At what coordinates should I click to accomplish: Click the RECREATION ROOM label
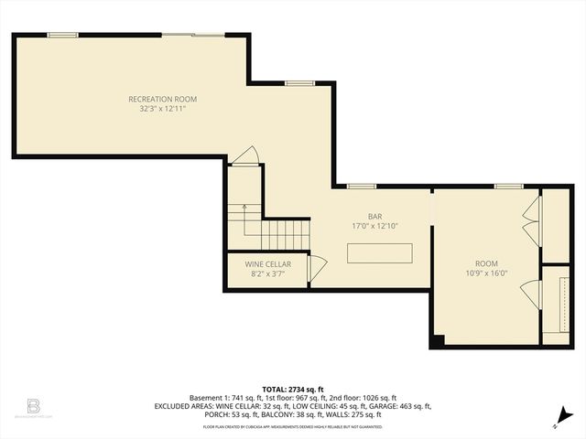click(162, 99)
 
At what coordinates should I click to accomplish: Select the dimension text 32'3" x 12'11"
click(162, 109)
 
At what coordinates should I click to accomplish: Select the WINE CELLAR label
click(267, 263)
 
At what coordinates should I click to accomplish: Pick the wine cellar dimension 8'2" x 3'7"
click(267, 273)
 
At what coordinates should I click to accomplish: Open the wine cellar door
click(317, 268)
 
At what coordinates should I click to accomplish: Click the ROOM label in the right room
click(486, 262)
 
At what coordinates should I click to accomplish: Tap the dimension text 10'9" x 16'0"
click(486, 272)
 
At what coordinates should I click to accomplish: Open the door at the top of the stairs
click(244, 157)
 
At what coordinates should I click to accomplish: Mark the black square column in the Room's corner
click(438, 341)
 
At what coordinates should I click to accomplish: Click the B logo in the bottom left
click(33, 405)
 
